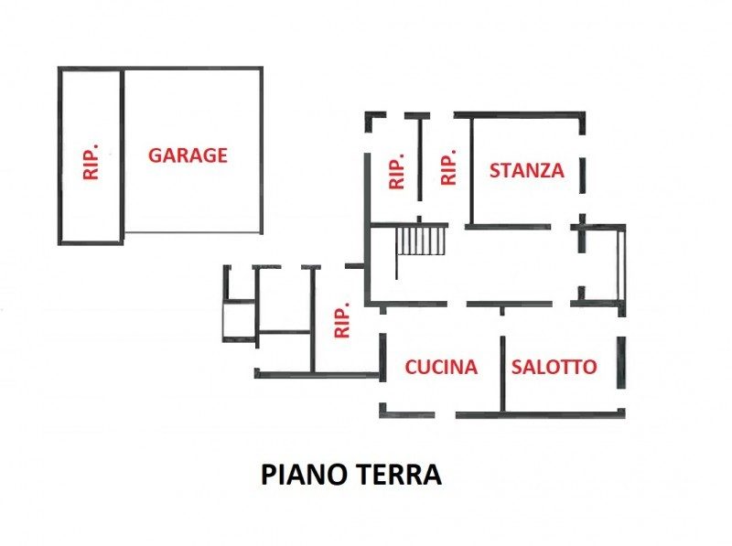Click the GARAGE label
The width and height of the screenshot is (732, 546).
pyautogui.click(x=188, y=155)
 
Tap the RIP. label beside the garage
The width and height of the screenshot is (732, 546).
pyautogui.click(x=91, y=162)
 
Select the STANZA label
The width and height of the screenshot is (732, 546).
pyautogui.click(x=527, y=170)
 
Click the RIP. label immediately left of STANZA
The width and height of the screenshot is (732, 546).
pyautogui.click(x=448, y=167)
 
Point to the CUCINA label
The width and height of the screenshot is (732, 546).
pyautogui.click(x=441, y=367)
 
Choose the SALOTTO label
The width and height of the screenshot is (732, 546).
pyautogui.click(x=554, y=367)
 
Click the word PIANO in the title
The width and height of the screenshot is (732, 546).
pyautogui.click(x=307, y=475)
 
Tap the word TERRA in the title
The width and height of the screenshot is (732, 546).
pyautogui.click(x=400, y=475)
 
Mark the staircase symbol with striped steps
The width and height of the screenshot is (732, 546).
pyautogui.click(x=421, y=241)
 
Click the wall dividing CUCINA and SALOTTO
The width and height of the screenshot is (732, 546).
pyautogui.click(x=502, y=374)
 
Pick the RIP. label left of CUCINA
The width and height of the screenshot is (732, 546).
pyautogui.click(x=342, y=320)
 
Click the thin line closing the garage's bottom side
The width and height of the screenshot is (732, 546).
pyautogui.click(x=192, y=232)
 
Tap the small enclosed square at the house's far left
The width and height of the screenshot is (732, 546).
pyautogui.click(x=240, y=321)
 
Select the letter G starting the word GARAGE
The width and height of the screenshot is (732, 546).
pyautogui.click(x=156, y=155)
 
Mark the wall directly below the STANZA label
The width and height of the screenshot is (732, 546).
pyautogui.click(x=508, y=227)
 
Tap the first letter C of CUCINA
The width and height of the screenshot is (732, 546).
pyautogui.click(x=411, y=367)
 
